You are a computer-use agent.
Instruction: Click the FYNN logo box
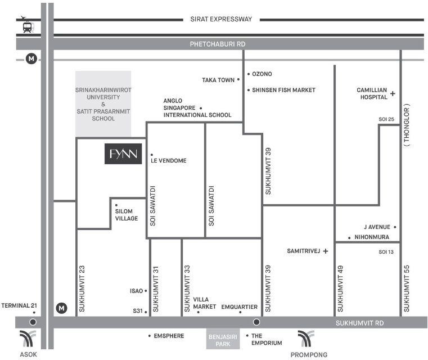point(123,154)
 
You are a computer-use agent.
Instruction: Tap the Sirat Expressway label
point(221,19)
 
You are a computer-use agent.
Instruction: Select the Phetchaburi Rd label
point(218,44)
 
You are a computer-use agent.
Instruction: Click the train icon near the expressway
point(28,28)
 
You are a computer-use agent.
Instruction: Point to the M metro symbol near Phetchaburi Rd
point(31,58)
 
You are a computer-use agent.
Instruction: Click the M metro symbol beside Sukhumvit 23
point(62,308)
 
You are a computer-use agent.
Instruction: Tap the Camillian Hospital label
point(372,93)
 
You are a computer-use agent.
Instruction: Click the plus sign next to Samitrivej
point(326,251)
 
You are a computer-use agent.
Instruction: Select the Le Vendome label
point(168,160)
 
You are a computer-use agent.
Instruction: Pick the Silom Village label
point(127,215)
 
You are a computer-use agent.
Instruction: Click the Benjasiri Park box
point(223,339)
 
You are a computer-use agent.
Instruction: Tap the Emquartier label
point(240,307)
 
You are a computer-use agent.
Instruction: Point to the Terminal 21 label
point(19,305)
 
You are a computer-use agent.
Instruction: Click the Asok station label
point(28,354)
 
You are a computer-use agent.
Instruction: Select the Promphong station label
point(309,354)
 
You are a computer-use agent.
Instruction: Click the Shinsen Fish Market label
point(283,90)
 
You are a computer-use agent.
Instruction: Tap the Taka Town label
point(218,80)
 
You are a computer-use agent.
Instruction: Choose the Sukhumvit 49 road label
point(340,289)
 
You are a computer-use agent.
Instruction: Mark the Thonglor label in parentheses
point(407,125)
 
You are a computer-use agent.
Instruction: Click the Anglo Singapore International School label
point(197,108)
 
